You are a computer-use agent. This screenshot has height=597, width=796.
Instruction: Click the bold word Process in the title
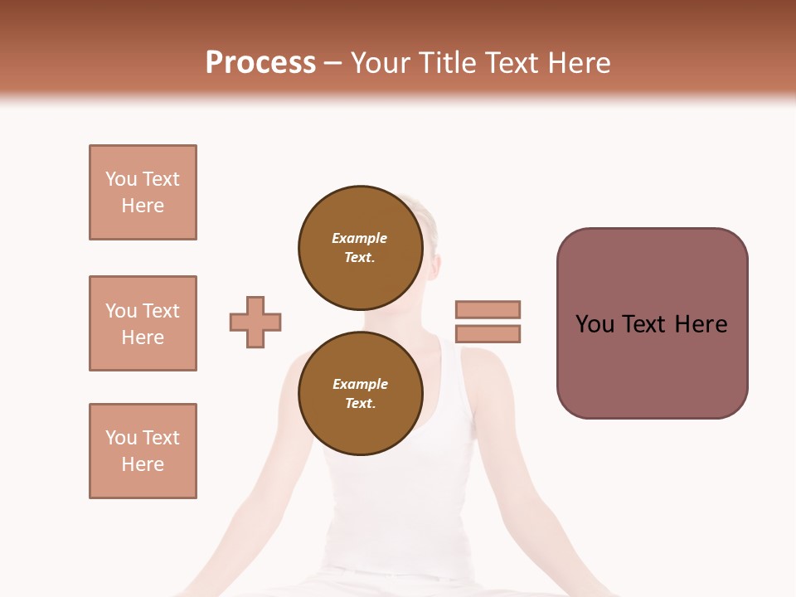(260, 63)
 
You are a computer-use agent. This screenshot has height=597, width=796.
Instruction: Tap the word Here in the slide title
(578, 63)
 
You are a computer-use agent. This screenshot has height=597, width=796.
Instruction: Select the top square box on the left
(143, 192)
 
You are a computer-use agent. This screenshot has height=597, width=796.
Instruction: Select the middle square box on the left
(143, 323)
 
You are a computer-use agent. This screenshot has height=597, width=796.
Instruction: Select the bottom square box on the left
(143, 451)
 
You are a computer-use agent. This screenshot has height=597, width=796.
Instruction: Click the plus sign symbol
(255, 322)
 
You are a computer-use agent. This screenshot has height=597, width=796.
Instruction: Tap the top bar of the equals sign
(488, 309)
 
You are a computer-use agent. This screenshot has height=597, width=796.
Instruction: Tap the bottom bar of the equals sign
(488, 334)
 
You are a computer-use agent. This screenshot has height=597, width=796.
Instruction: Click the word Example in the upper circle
(359, 238)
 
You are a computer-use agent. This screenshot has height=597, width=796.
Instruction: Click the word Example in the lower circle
(360, 384)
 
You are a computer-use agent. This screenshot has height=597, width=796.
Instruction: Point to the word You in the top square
(120, 179)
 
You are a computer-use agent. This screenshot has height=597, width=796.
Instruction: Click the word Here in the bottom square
(143, 464)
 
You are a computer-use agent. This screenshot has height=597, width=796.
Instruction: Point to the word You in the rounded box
(595, 324)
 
